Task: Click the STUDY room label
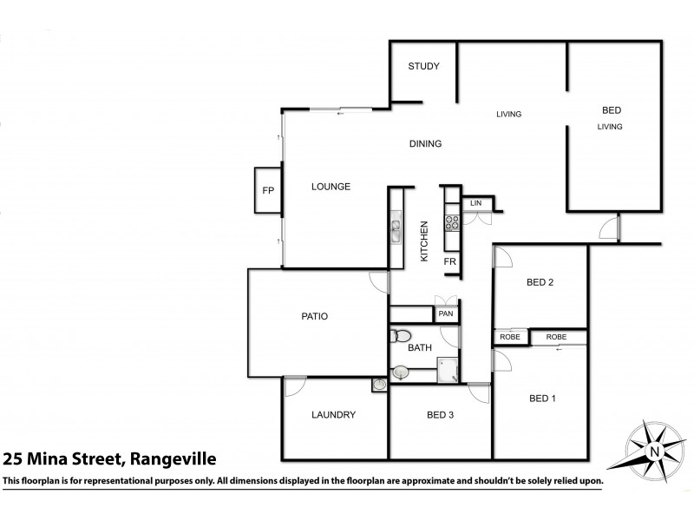click(x=424, y=67)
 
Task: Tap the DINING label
click(x=426, y=144)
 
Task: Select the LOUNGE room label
click(x=330, y=187)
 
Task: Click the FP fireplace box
click(x=268, y=190)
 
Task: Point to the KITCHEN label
click(x=425, y=241)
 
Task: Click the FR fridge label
click(x=450, y=260)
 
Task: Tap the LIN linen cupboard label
click(x=475, y=203)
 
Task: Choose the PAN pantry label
click(x=446, y=313)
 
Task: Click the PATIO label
click(x=314, y=316)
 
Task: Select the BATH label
click(x=419, y=348)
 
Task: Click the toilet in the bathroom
click(x=402, y=336)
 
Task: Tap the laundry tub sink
click(x=379, y=385)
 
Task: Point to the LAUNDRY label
click(x=334, y=415)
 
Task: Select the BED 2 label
click(x=540, y=282)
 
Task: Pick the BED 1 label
click(x=541, y=399)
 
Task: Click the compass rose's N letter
click(x=655, y=450)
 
